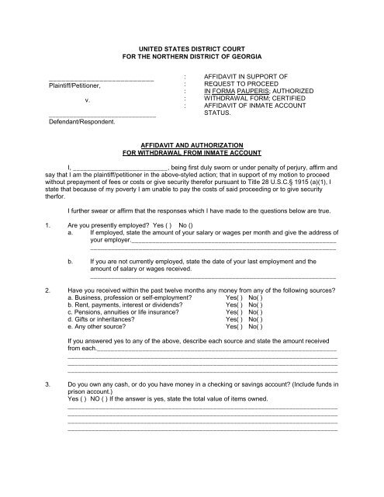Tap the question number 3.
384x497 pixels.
point(48,384)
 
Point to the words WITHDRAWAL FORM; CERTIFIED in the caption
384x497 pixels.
point(244,99)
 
